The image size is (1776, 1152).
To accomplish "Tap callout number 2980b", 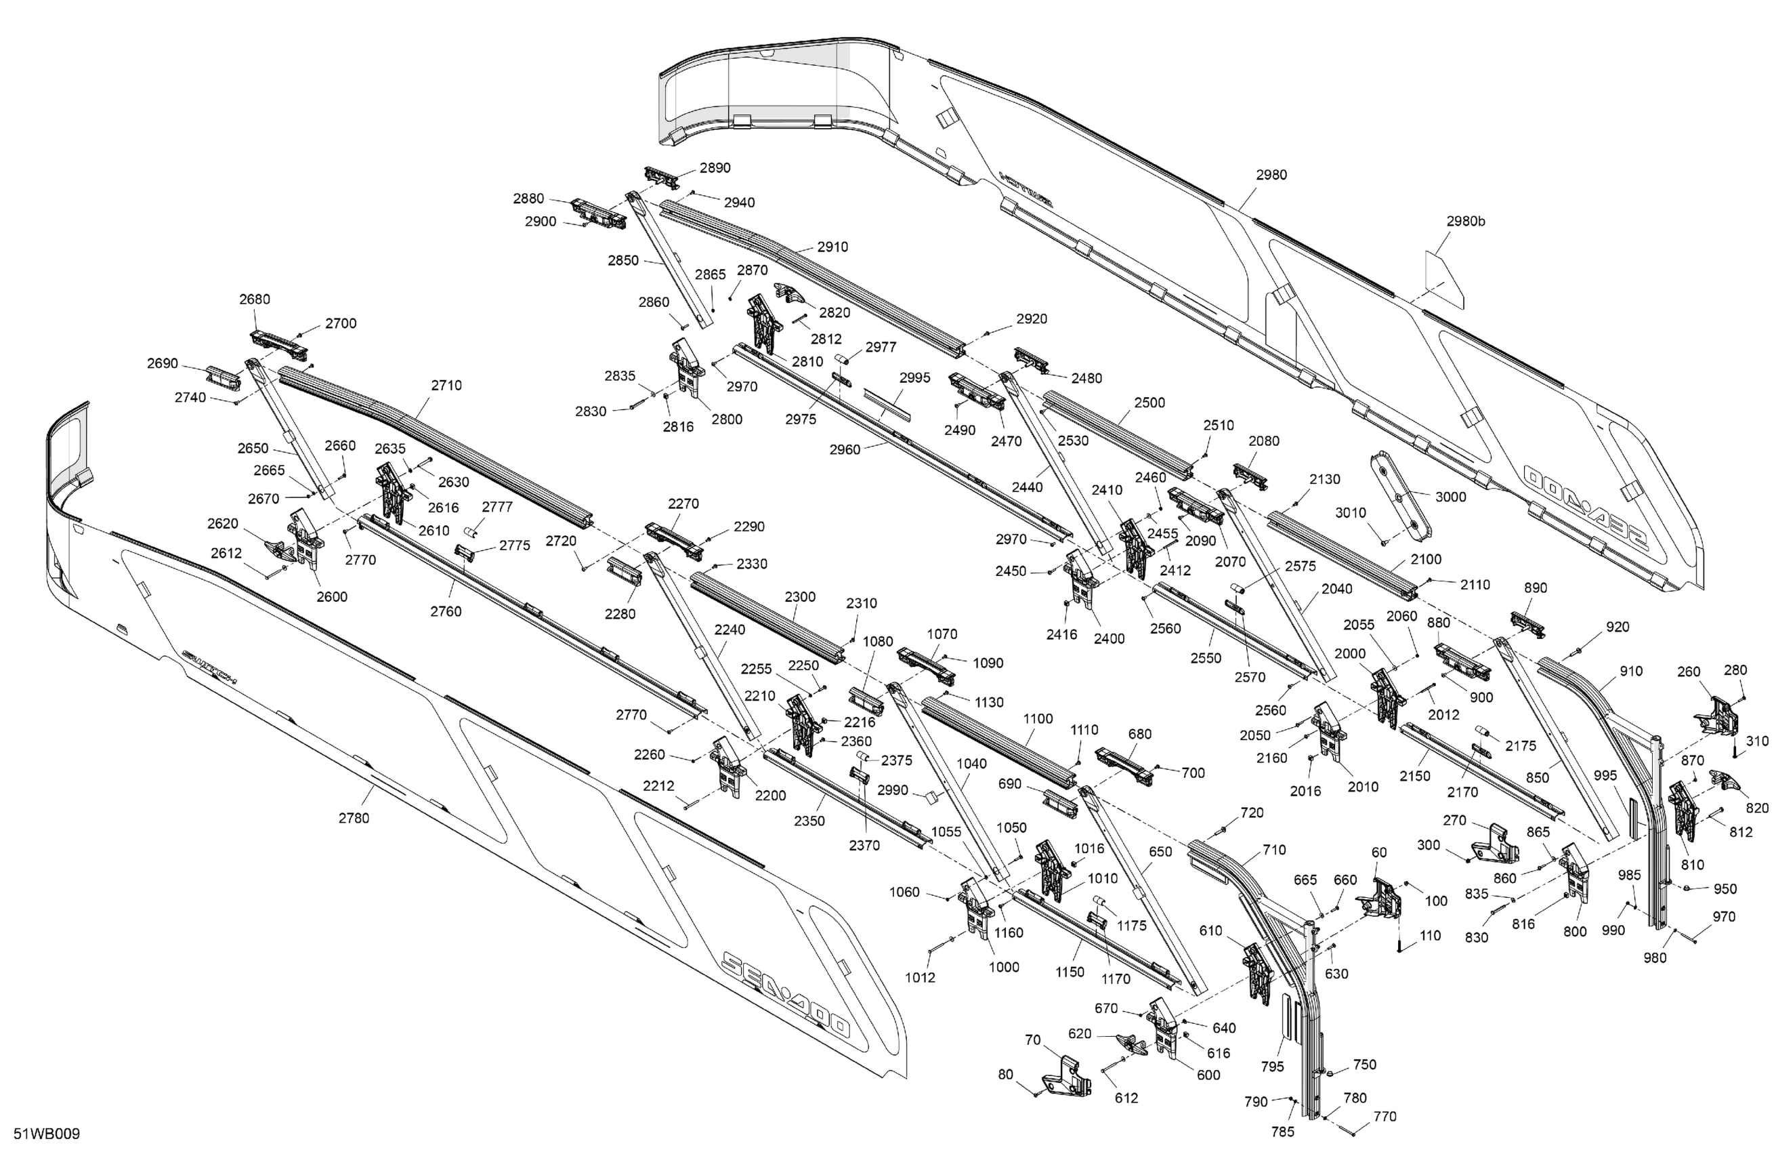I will [x=1466, y=221].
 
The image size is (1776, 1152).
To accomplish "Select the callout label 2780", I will [x=354, y=817].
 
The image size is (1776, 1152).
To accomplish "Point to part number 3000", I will [x=1451, y=497].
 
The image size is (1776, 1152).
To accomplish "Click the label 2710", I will [x=446, y=386].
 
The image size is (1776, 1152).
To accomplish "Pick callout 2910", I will [x=832, y=247].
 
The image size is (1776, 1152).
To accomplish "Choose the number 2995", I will [x=915, y=377].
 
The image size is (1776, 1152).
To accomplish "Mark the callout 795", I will [x=1272, y=1067].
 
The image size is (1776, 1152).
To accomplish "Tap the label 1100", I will [x=1038, y=718].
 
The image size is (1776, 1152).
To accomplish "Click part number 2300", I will [x=800, y=596].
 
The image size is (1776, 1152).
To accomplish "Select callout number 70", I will [x=1033, y=1040].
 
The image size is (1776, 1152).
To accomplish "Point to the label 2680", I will [x=255, y=299].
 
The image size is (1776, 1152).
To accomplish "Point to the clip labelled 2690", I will [x=223, y=377].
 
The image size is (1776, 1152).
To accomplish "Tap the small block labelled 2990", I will [x=930, y=798].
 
